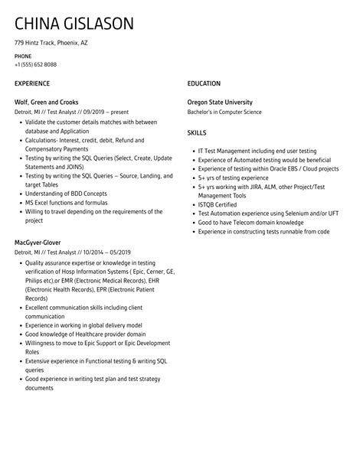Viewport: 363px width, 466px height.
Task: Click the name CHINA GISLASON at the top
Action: pos(74,23)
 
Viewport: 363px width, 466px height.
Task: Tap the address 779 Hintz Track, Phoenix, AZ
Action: pos(51,43)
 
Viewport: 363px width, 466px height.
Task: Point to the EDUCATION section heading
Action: pos(204,83)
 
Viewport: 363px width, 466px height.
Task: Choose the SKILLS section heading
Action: pos(197,132)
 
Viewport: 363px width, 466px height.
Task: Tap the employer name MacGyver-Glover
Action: pos(38,243)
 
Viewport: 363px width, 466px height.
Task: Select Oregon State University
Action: pos(220,102)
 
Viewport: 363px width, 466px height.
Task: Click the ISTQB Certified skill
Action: pos(217,204)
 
